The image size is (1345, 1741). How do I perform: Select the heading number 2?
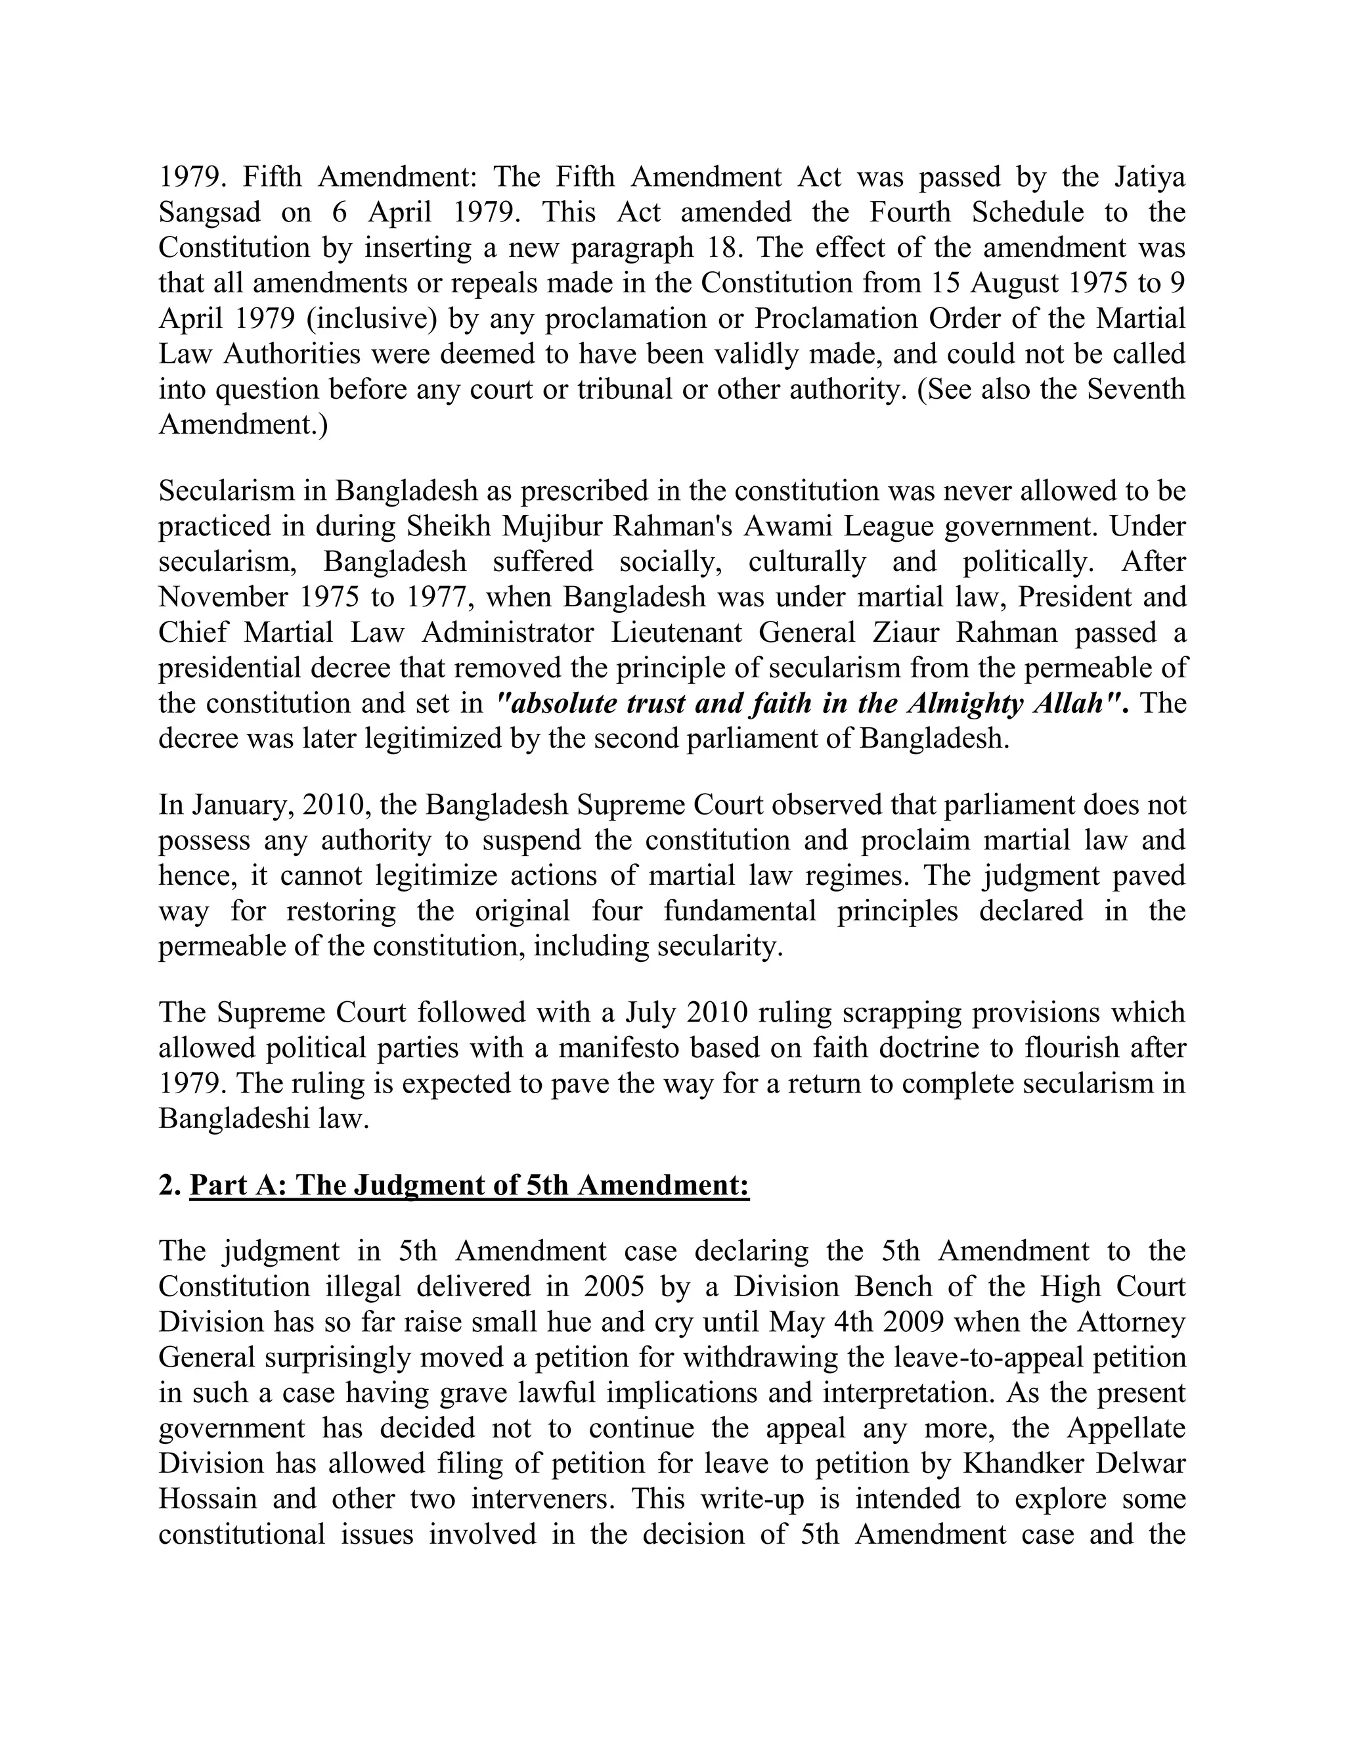[167, 1185]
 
